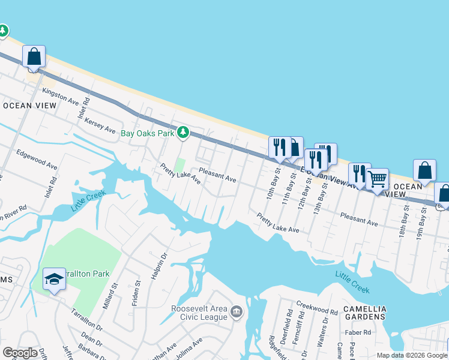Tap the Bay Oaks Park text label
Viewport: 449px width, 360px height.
[147, 133]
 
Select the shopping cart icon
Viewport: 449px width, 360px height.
[377, 179]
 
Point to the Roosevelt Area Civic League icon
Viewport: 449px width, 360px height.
[237, 312]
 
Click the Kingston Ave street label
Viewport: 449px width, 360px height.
[61, 95]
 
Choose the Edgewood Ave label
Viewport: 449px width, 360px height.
[37, 159]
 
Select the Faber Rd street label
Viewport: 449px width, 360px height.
[358, 332]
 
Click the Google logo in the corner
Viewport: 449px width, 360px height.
[20, 353]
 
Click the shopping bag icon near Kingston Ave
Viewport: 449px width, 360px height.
[34, 57]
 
